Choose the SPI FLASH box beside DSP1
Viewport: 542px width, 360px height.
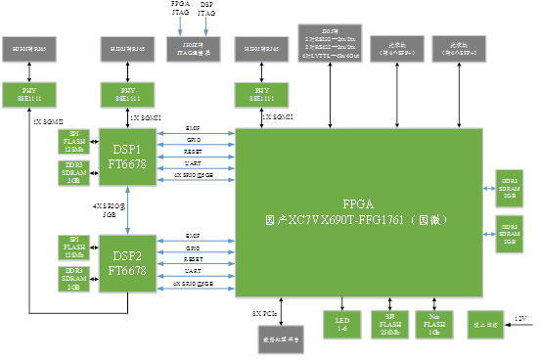pyautogui.click(x=73, y=140)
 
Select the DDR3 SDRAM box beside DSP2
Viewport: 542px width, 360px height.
pyautogui.click(x=73, y=278)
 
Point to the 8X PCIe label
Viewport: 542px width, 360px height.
pyautogui.click(x=265, y=313)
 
